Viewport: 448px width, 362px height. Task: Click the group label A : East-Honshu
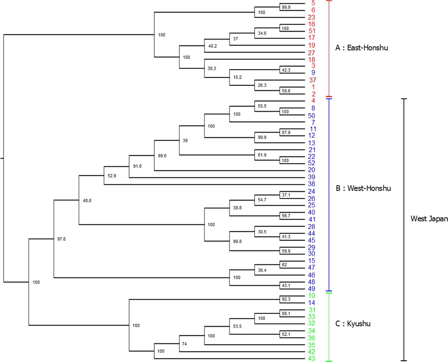tap(361, 48)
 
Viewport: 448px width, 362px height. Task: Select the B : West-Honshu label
tap(363, 188)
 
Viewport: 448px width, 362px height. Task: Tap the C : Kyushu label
tap(353, 324)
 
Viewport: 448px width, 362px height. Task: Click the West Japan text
tap(429, 219)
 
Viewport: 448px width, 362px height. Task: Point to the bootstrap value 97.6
tap(62, 239)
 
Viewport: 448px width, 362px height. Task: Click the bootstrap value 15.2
tap(237, 77)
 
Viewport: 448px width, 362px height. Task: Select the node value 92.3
tap(286, 299)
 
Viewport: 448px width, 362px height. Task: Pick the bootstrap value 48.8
tap(87, 201)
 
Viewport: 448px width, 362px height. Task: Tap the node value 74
tap(184, 344)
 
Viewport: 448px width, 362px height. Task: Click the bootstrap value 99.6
tap(162, 156)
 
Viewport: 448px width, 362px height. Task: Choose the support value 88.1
tap(286, 314)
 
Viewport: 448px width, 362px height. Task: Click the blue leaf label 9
tap(313, 73)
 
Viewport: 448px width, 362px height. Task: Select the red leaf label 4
tap(313, 101)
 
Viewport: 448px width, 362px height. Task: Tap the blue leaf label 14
tap(312, 303)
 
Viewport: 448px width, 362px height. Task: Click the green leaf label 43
tap(312, 358)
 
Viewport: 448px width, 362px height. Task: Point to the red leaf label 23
tap(312, 17)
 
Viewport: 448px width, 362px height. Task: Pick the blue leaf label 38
tap(312, 184)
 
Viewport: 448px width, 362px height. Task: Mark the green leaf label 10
tap(312, 296)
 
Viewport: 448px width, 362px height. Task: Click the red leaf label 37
tap(312, 80)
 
